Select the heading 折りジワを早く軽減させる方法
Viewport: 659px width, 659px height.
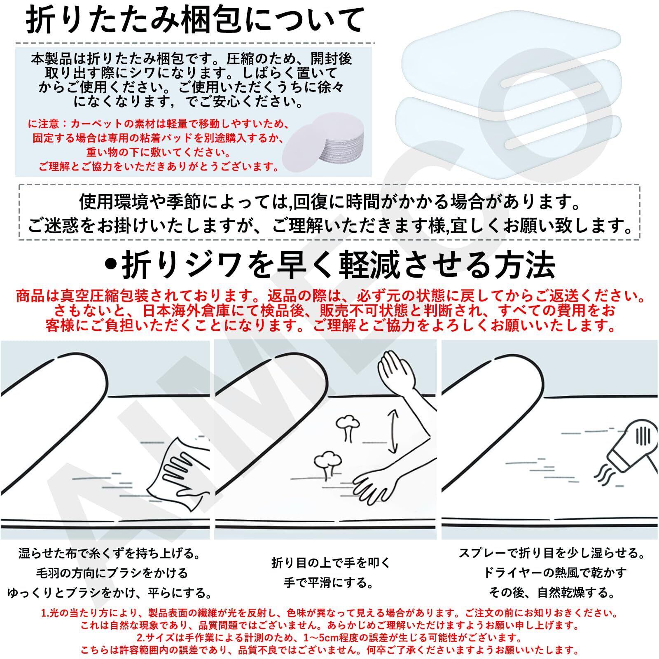pyautogui.click(x=329, y=266)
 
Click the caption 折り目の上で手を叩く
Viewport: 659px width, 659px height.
pyautogui.click(x=331, y=563)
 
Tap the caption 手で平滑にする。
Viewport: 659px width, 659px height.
pyautogui.click(x=329, y=583)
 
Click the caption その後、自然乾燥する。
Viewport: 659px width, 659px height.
pyautogui.click(x=552, y=593)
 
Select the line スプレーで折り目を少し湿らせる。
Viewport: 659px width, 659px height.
pyautogui.click(x=552, y=553)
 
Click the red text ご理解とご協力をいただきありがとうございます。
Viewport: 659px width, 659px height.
pyautogui.click(x=159, y=167)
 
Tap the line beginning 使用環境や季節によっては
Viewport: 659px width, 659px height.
pyautogui.click(x=329, y=202)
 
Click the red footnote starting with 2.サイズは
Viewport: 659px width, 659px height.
pyautogui.click(x=329, y=638)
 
